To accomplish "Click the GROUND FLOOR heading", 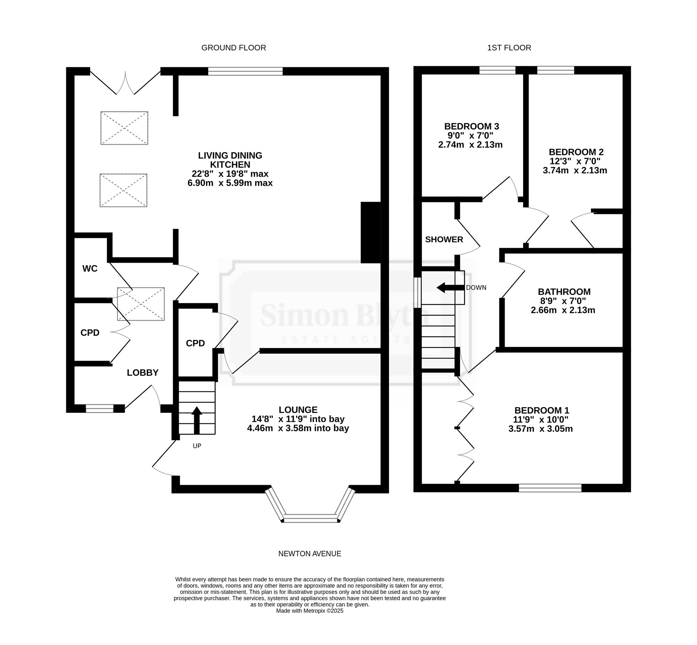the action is tap(233, 48).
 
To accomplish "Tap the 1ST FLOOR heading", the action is tap(509, 48).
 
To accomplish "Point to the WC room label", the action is tap(90, 269).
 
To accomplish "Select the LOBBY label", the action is tap(143, 373).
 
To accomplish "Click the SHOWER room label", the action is tap(444, 239).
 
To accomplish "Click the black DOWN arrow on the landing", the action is tap(451, 288).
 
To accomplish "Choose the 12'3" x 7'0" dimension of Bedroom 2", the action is tap(576, 161).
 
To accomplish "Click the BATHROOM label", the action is tap(564, 292).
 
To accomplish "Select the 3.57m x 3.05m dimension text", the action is tap(541, 429).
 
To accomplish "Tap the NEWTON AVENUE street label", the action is tap(310, 553).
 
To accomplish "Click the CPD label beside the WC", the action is tap(90, 333).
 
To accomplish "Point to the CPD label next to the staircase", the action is tap(195, 343).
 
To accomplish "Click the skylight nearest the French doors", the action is tap(124, 128).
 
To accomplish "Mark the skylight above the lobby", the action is tap(141, 304).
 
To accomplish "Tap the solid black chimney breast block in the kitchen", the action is tap(370, 232).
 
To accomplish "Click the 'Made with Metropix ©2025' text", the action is tap(310, 621).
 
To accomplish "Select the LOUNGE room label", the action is tap(298, 410).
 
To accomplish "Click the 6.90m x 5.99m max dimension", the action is tap(230, 183).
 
